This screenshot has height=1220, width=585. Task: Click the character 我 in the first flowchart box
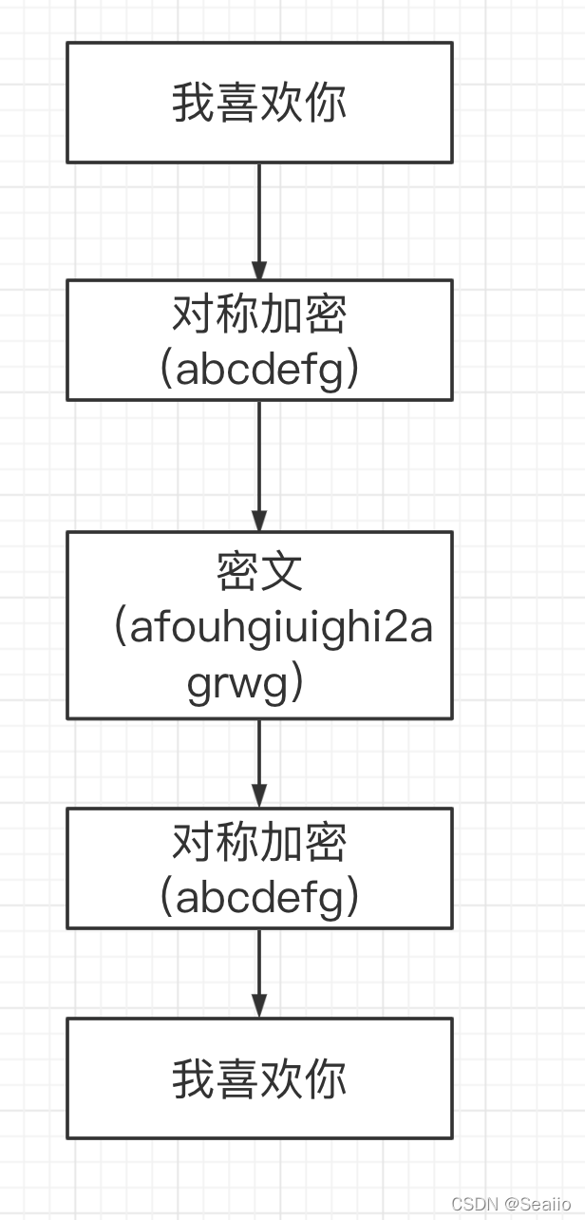(193, 103)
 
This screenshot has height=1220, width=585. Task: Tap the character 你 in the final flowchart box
(326, 1079)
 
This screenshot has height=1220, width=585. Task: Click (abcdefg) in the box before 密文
(259, 369)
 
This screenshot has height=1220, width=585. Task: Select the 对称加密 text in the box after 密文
(259, 843)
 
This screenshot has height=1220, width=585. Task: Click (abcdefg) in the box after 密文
(259, 897)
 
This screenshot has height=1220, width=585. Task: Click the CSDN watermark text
(475, 1204)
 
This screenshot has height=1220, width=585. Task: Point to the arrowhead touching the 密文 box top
(259, 520)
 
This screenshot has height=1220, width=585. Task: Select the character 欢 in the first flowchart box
(282, 103)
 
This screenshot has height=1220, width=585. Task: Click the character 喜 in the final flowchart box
(237, 1079)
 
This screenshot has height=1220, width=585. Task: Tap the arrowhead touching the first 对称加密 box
(259, 269)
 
